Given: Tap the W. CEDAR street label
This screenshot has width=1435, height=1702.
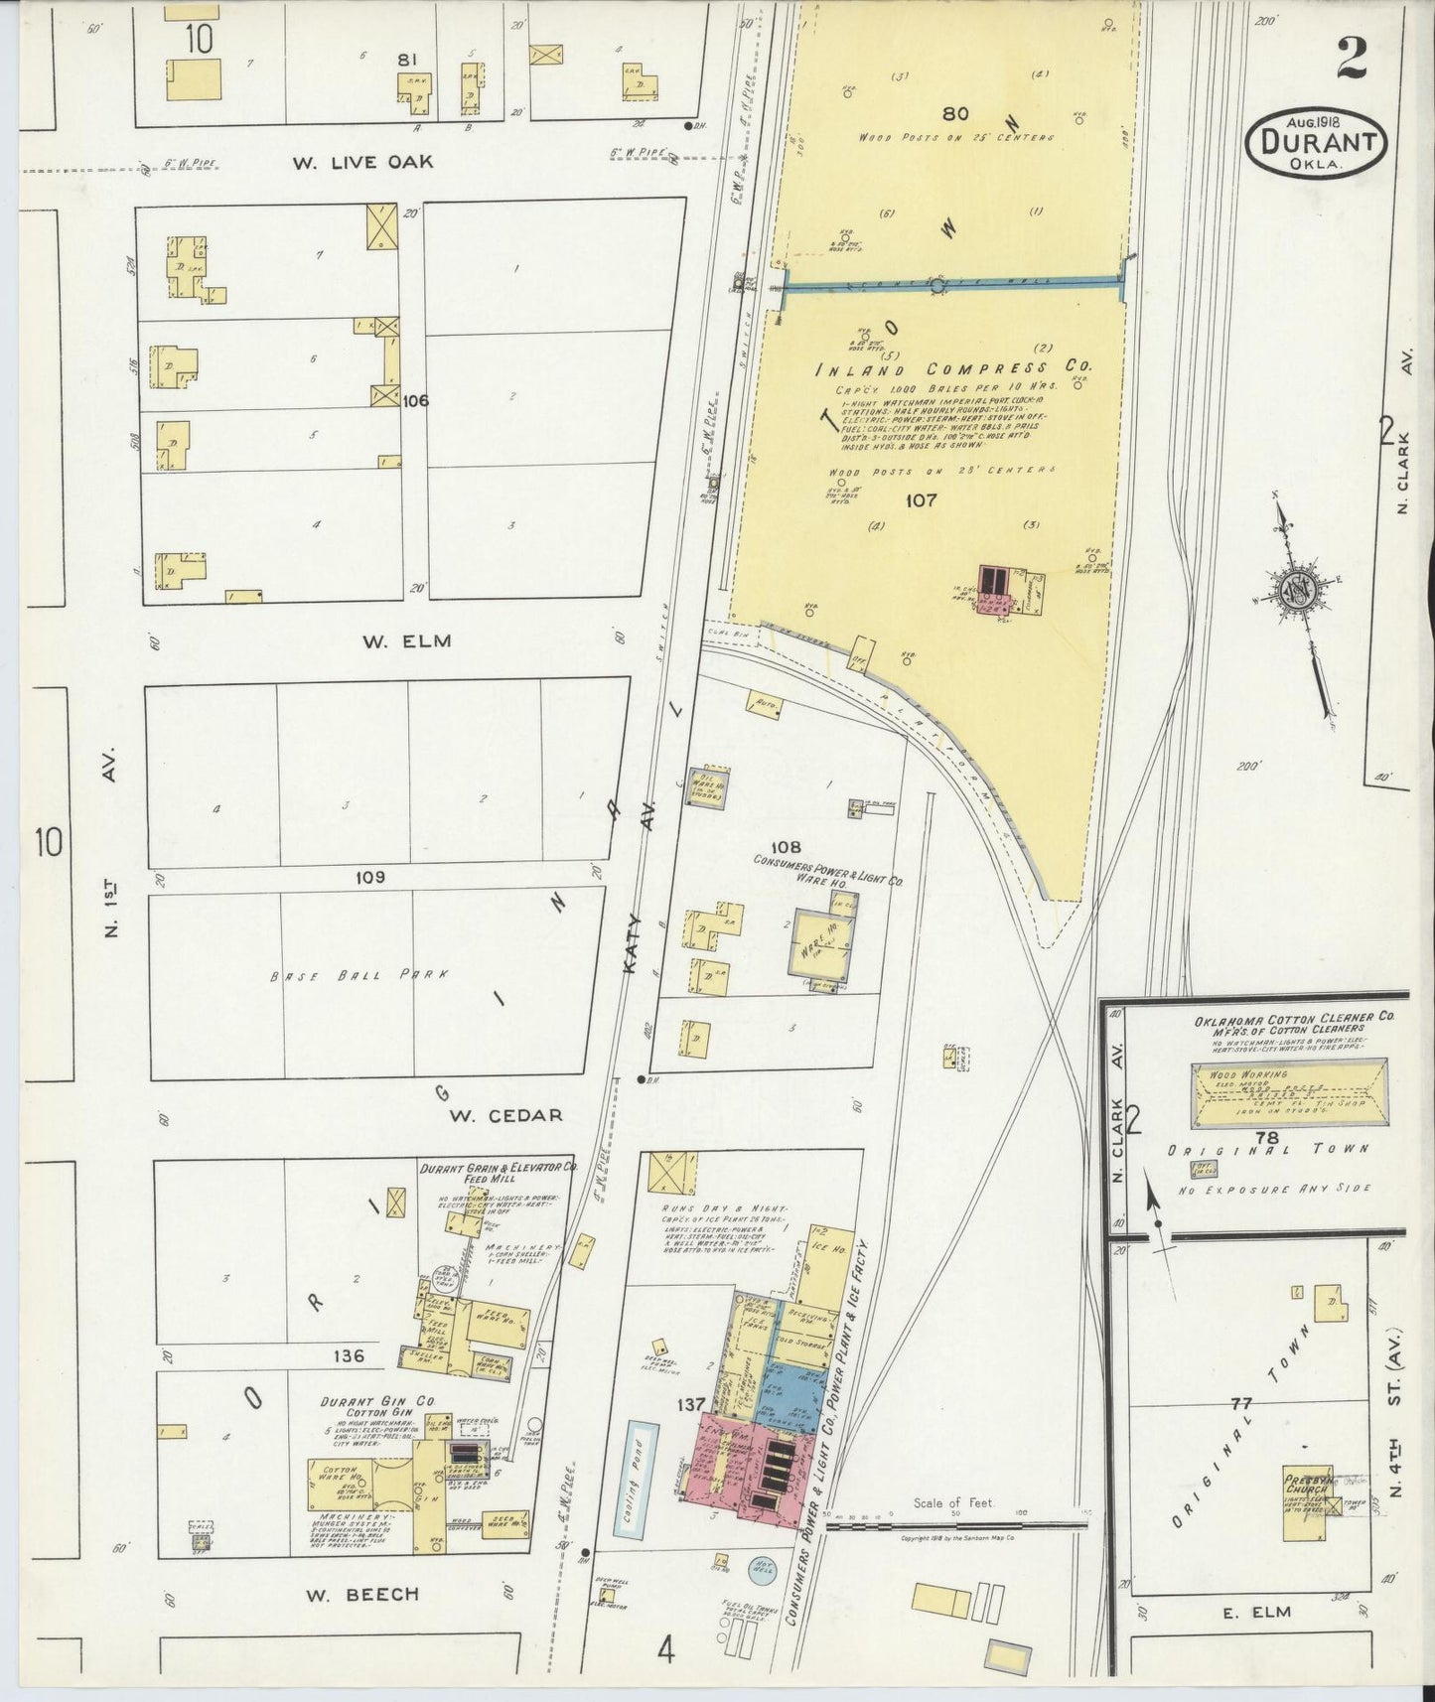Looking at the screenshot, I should coord(505,1115).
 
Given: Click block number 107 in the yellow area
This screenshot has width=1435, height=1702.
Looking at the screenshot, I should coord(921,500).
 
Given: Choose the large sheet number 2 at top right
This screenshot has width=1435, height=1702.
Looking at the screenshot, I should coord(1352,59).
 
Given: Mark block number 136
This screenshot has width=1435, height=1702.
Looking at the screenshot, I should coord(350,1355).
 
